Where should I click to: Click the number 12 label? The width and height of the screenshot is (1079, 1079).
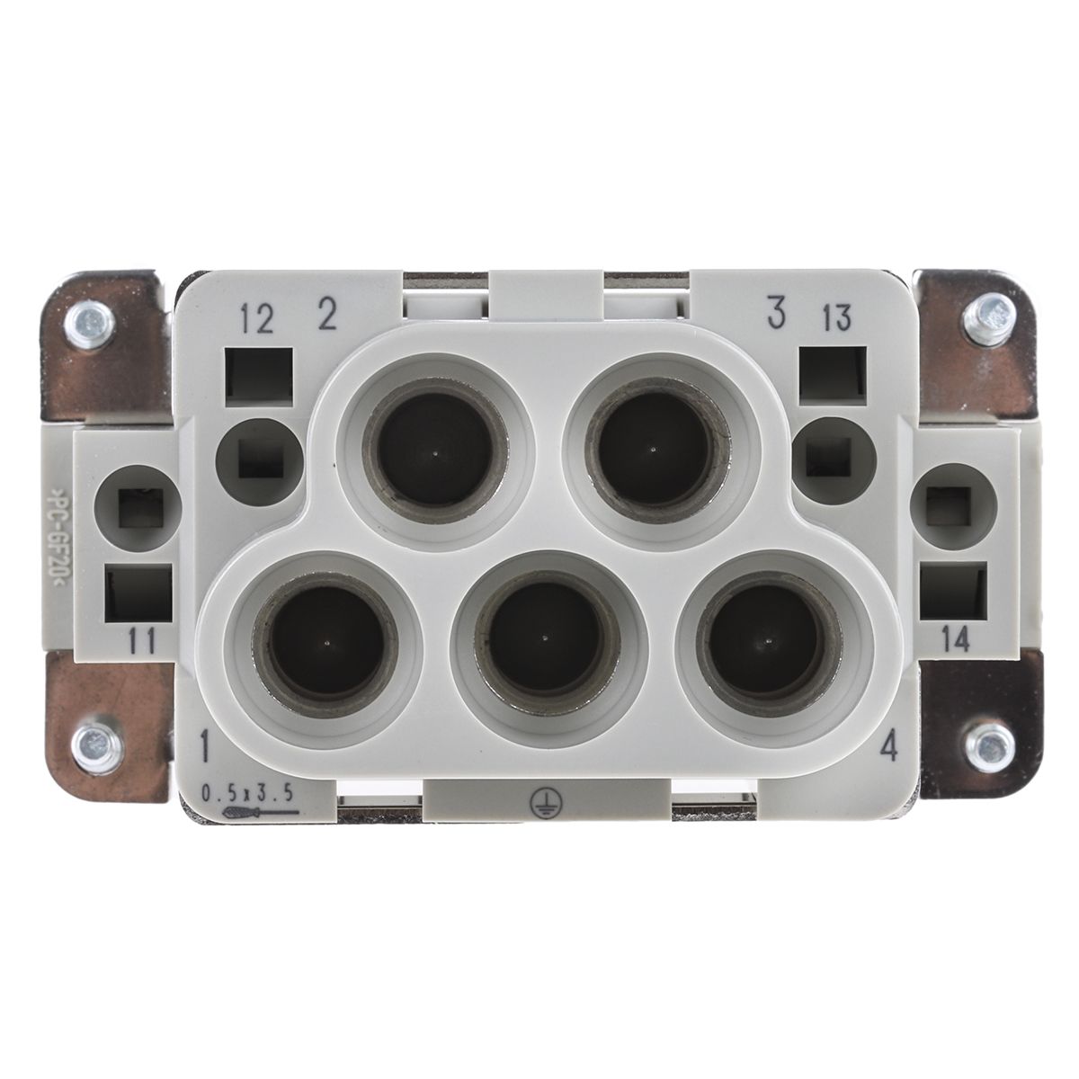[x=257, y=320]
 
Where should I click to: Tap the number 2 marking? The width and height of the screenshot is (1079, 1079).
[x=326, y=316]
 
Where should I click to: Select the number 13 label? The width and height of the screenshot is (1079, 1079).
[x=836, y=317]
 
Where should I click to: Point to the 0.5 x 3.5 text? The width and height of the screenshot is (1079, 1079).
[x=247, y=793]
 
